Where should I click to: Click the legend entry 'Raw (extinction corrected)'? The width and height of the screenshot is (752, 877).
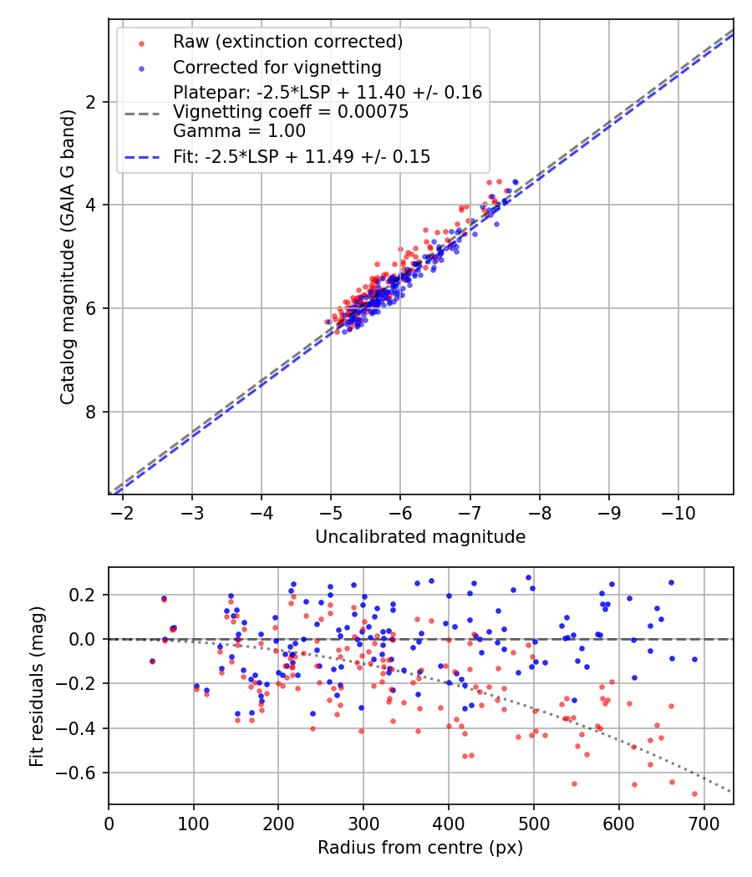[287, 41]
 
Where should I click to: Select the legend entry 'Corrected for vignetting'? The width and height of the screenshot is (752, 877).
[277, 67]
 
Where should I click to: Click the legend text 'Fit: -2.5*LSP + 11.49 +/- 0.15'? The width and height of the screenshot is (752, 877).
[302, 156]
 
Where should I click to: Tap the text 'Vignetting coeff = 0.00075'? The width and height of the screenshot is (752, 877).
[291, 112]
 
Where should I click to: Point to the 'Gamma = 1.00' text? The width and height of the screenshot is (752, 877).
[239, 131]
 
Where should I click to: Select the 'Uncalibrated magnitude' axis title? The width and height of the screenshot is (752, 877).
[420, 537]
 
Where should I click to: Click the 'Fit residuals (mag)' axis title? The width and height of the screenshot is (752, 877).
[36, 687]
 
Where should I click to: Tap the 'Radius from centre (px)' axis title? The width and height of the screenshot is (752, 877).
[420, 848]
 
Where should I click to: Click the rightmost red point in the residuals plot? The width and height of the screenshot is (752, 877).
[694, 793]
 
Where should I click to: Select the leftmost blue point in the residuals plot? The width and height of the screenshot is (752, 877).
[152, 661]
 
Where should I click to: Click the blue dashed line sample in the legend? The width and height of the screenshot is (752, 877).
[143, 156]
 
